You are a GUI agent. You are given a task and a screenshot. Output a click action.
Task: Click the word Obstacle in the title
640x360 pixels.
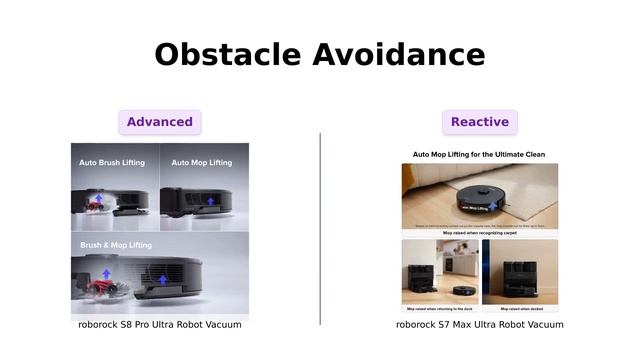point(227,54)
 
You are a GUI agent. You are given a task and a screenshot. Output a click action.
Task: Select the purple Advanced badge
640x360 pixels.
point(160,122)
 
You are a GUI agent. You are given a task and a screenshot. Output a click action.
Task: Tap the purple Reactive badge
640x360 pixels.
point(480,122)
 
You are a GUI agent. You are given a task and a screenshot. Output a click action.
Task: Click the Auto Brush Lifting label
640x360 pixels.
point(112,162)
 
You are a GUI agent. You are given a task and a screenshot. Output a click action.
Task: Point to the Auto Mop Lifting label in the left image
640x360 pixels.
point(201,162)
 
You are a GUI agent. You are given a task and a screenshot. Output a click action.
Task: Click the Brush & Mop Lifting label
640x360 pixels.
point(116,245)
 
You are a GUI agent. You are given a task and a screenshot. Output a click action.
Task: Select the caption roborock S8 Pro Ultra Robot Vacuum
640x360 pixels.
point(160,325)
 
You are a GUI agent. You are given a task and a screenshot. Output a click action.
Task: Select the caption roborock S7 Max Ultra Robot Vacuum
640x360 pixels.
point(480,325)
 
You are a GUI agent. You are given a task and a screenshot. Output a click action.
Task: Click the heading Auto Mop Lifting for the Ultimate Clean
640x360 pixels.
point(480,155)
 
